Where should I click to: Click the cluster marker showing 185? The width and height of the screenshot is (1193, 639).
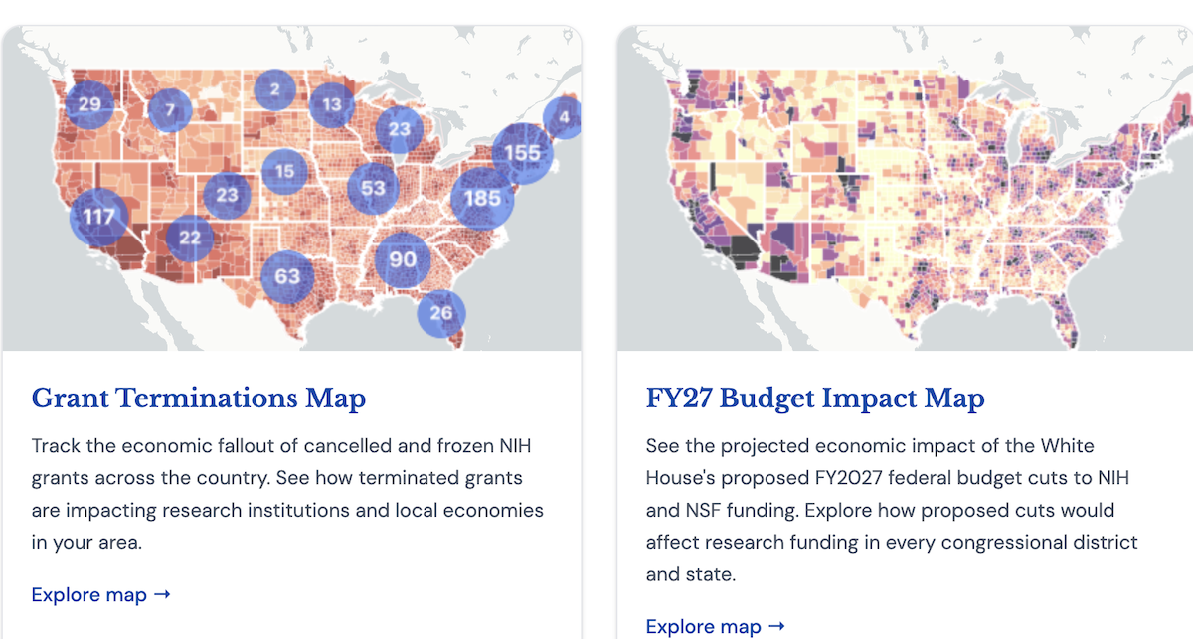482,198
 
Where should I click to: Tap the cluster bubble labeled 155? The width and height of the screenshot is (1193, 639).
523,153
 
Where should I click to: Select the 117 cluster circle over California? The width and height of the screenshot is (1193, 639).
99,217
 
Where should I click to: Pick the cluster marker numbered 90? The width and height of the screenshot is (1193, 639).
402,259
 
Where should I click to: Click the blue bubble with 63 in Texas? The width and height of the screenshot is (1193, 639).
287,276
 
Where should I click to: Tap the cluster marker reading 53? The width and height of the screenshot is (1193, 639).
373,188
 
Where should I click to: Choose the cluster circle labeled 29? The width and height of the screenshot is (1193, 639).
89,104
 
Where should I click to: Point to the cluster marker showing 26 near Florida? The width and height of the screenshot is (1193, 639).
441,313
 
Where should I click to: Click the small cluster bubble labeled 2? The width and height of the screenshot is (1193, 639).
274,89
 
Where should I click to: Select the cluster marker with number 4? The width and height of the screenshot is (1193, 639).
563,117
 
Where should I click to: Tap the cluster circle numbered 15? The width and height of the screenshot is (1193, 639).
285,171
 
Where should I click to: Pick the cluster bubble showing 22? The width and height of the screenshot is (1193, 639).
190,238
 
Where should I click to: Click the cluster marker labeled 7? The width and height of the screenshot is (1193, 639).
170,109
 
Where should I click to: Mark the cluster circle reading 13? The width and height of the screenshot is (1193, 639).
332,105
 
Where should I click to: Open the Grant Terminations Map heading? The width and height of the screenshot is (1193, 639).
199,398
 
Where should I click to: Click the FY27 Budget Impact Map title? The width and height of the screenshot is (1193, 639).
815,398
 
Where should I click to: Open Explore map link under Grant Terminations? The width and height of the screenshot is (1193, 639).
101,595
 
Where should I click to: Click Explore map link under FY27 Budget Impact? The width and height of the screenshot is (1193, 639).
716,626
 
